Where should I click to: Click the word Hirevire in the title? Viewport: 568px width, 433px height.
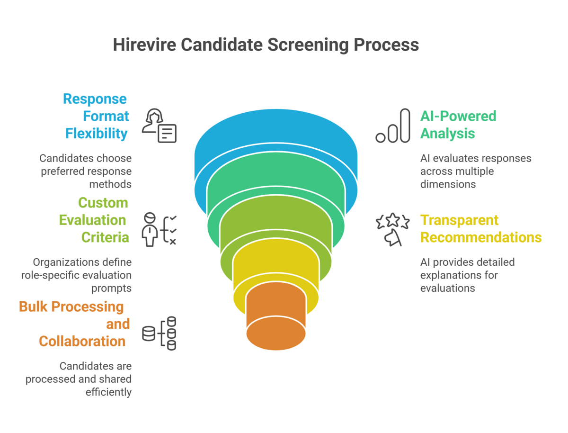(144, 45)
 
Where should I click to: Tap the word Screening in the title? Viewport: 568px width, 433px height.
(308, 45)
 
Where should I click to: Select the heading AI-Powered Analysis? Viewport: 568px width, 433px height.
(458, 125)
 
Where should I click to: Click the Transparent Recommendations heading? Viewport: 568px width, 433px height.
(481, 229)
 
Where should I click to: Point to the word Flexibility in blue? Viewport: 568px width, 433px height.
(96, 134)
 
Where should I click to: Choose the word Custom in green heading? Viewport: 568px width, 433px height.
(103, 202)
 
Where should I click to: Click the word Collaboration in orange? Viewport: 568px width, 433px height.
(82, 341)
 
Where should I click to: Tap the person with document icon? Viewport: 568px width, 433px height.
(159, 126)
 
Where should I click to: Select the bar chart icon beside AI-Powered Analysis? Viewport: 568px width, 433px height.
(393, 126)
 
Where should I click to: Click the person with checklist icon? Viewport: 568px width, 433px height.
(159, 229)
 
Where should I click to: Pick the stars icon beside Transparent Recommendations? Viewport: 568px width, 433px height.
(392, 229)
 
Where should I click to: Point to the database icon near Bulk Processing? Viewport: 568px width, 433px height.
(159, 334)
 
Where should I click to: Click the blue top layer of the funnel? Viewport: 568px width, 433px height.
(276, 129)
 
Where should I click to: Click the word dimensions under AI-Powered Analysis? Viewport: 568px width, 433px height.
(448, 184)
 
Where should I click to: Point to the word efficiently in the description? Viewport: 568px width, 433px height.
(108, 392)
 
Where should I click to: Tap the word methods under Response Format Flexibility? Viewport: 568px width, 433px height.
(110, 184)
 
